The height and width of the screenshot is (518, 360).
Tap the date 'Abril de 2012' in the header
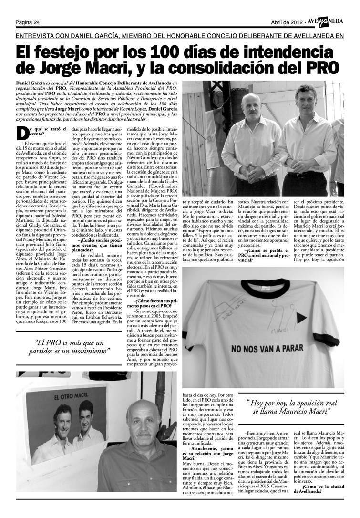[287, 22]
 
